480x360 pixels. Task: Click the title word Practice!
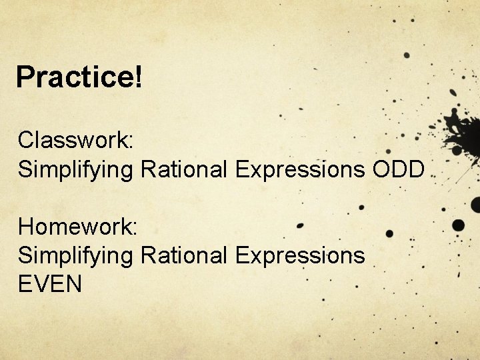click(x=79, y=77)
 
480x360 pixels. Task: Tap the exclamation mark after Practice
click(x=137, y=77)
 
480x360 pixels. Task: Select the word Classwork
click(x=75, y=140)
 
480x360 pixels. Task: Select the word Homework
click(x=76, y=227)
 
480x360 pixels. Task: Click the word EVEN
click(x=50, y=285)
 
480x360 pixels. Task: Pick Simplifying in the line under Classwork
click(x=75, y=171)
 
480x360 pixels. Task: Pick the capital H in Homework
click(x=27, y=227)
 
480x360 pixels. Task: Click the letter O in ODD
click(x=382, y=169)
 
